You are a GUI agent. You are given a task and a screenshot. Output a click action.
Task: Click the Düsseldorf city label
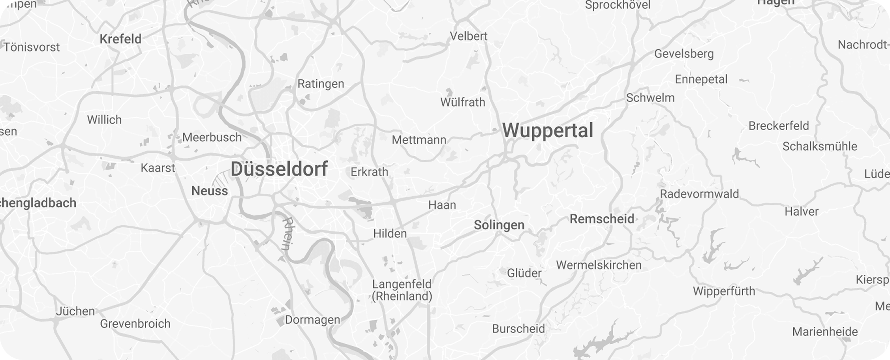[279, 169]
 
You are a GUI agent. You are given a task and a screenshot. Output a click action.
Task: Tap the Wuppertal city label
[548, 130]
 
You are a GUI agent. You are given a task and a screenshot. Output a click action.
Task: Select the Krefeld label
[120, 39]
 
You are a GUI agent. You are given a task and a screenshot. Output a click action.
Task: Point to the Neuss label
[210, 191]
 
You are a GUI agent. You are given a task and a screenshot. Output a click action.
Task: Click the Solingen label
[499, 225]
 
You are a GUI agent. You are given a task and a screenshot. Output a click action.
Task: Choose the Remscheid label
[602, 219]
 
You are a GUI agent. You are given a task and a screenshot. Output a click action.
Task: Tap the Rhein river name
[287, 234]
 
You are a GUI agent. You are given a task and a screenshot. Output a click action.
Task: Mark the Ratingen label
[321, 84]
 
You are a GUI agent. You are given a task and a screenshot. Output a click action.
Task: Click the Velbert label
[469, 36]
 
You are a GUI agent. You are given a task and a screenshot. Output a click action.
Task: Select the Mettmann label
[419, 140]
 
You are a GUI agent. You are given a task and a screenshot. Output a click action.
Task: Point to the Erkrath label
[370, 172]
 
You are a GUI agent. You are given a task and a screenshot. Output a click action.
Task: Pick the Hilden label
[390, 234]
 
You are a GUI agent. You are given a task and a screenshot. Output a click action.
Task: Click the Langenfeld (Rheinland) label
[402, 290]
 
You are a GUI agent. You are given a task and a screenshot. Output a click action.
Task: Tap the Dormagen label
[312, 320]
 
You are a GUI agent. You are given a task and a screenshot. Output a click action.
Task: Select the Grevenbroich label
[135, 324]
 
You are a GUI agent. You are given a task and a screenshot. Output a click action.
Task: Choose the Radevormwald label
[699, 194]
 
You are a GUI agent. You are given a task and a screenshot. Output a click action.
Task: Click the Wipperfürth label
[724, 291]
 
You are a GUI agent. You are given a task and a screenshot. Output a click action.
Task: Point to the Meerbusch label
[212, 137]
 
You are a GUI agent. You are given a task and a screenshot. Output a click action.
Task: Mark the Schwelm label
[650, 98]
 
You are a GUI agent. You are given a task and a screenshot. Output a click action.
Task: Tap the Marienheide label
[825, 332]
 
